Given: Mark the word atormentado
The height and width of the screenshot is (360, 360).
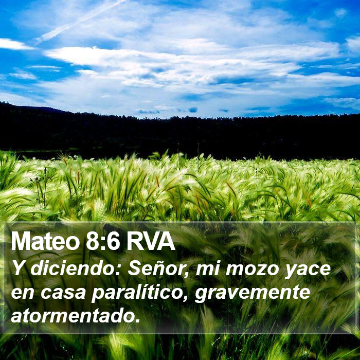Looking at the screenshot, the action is point(73,316).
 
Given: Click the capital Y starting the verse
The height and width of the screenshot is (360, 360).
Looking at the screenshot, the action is point(19,268).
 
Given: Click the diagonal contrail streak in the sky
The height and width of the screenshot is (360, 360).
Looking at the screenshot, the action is point(80,21).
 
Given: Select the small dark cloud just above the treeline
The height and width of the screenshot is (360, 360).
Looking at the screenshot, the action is point(193,110).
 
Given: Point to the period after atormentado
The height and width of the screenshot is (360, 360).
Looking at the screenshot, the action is point(137,320).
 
